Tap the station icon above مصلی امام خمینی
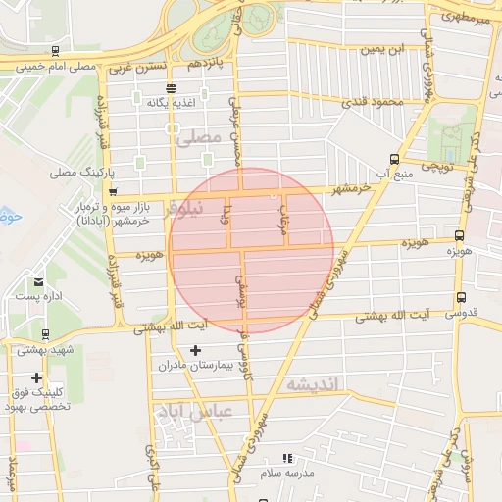pos(55,49)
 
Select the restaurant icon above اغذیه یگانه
pos(171,88)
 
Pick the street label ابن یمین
pos(382,48)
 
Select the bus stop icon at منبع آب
pos(394,158)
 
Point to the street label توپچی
pos(434,169)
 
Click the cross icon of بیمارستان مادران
pos(195,350)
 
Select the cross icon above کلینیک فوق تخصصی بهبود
pos(37,377)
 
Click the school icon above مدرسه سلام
pos(287,458)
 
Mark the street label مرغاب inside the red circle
pos(283,210)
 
